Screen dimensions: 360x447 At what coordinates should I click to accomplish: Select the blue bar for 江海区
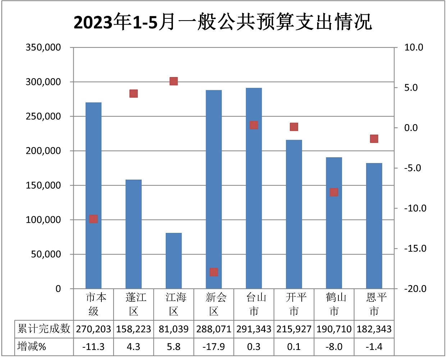click(174, 261)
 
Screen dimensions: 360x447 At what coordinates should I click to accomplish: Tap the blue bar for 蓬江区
click(133, 234)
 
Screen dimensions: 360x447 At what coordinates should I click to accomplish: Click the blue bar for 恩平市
click(374, 226)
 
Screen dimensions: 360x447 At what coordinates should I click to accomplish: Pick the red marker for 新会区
click(214, 272)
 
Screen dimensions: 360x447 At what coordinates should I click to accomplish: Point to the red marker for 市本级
click(93, 219)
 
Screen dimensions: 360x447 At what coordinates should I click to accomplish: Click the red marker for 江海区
click(174, 81)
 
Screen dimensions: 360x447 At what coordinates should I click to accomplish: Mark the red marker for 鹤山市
click(334, 192)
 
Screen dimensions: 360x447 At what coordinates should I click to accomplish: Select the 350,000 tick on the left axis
click(43, 48)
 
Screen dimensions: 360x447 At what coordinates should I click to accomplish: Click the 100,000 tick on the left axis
click(43, 220)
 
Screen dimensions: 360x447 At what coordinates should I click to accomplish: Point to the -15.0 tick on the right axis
click(415, 249)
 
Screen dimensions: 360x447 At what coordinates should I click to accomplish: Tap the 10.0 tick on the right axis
click(414, 48)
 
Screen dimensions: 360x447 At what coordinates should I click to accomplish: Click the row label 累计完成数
click(44, 329)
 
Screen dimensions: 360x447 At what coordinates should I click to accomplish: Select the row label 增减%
click(32, 347)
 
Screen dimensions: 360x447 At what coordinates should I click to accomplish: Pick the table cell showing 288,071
click(214, 329)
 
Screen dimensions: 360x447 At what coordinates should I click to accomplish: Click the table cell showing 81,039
click(174, 329)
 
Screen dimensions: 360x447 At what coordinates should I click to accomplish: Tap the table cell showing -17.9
click(214, 347)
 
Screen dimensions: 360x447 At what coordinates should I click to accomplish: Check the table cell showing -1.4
click(374, 347)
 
